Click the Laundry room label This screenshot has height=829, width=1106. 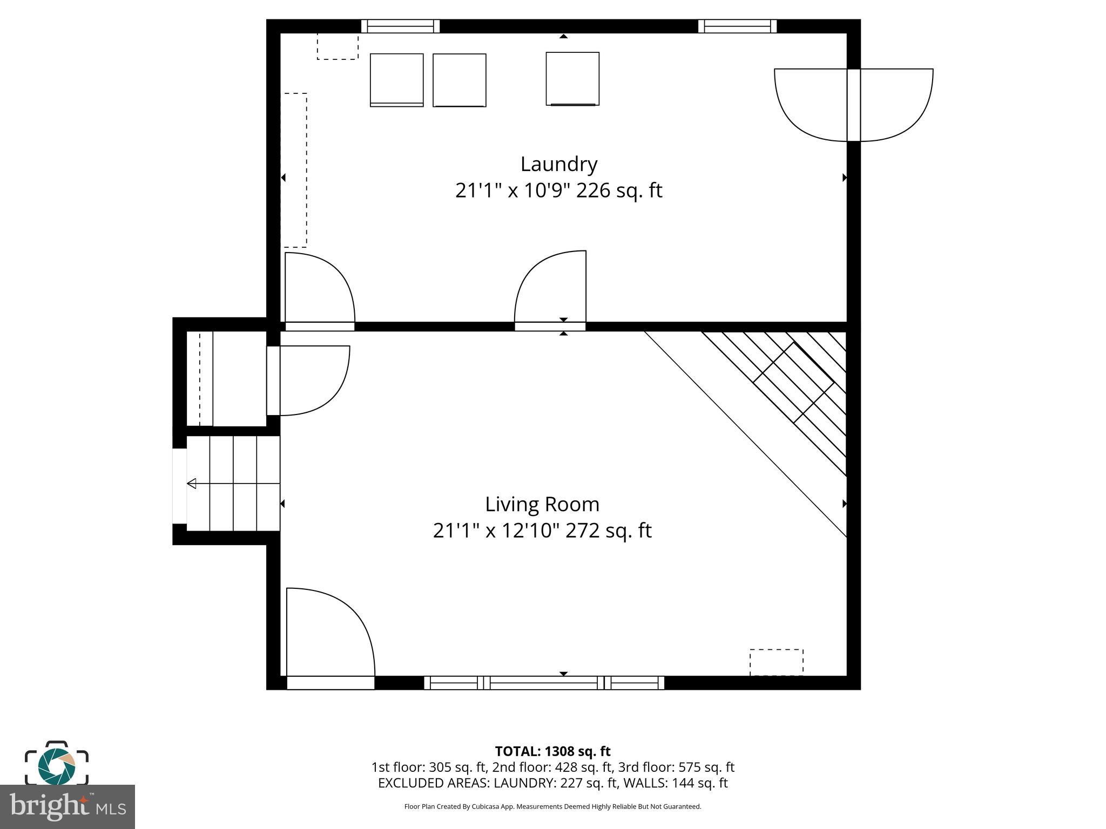558,164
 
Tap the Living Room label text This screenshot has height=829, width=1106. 542,505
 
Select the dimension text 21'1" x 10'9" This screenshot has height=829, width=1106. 512,191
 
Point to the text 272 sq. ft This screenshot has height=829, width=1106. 608,531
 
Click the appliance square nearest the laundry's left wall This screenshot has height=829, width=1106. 396,80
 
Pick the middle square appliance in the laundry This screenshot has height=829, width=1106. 459,80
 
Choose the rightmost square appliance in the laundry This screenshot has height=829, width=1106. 572,79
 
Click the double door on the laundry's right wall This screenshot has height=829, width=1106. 853,105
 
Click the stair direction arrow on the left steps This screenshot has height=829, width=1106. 192,484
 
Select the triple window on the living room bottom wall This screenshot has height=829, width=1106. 544,683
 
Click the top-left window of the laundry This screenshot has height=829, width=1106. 400,26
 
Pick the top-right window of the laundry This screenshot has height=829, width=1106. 737,26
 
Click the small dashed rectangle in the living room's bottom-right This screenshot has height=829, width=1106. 776,662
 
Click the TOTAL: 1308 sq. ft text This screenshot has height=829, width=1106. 552,751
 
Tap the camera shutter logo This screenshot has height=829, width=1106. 56,765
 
